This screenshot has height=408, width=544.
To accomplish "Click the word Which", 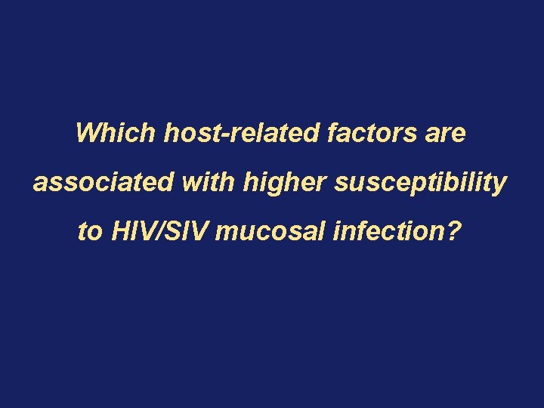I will click(114, 134).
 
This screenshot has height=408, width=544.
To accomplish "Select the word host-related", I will click(242, 134).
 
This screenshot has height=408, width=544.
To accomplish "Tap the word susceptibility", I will click(412, 184).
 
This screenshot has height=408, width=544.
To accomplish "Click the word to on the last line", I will click(89, 231).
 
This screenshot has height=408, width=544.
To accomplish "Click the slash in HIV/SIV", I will click(161, 231).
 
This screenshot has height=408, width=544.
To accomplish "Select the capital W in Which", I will click(88, 134).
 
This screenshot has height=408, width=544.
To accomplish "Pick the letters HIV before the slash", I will click(133, 231).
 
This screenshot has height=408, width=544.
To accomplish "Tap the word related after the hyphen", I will click(273, 134).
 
